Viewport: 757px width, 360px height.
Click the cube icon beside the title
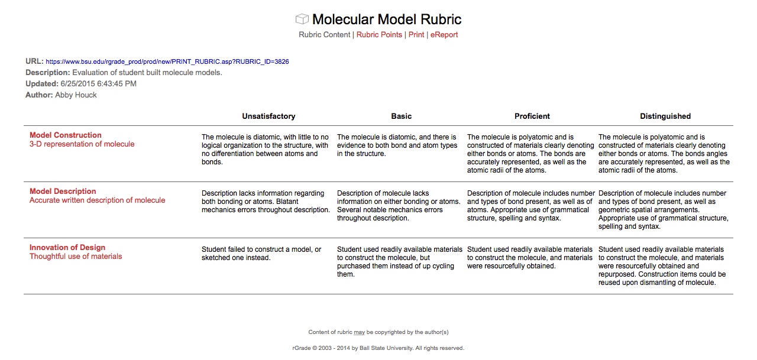point(302,20)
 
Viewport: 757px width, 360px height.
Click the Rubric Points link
point(379,35)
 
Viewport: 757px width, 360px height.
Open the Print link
point(416,35)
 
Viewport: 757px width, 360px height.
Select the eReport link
point(444,35)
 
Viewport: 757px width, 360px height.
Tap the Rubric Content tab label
point(324,35)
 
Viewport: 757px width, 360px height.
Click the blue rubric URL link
point(167,61)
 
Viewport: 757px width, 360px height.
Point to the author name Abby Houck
point(76,95)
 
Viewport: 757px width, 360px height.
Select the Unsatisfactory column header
point(268,116)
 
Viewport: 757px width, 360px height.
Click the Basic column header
point(402,116)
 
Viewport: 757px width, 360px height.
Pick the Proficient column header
point(532,116)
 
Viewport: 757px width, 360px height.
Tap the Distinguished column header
point(665,116)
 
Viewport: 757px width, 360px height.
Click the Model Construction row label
point(66,135)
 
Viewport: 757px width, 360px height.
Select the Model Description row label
point(63,192)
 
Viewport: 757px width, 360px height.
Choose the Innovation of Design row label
point(67,248)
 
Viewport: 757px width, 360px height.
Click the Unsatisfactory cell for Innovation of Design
point(261,254)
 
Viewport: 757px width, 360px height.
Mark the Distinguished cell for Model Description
point(663,210)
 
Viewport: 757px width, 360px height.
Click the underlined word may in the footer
point(359,332)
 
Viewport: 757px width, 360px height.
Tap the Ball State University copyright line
point(378,348)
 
